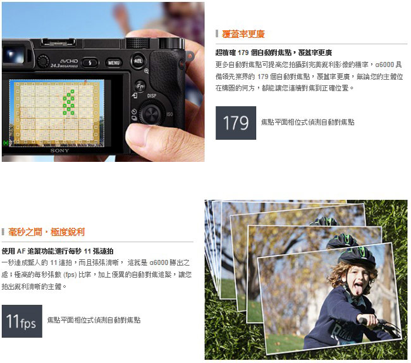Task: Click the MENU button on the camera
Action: point(114,63)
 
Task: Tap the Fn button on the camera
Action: point(140,86)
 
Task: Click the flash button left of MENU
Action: point(90,63)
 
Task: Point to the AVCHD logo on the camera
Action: point(69,61)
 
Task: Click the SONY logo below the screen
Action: point(59,151)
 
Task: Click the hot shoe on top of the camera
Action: point(58,41)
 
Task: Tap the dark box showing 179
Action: point(236,123)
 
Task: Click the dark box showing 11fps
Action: point(22,321)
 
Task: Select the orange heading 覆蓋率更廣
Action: point(243,34)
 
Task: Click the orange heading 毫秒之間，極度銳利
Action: point(46,232)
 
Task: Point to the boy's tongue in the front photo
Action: point(359,290)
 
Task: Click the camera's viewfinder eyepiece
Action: point(15,55)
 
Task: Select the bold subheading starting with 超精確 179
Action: point(274,52)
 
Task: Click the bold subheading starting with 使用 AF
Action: point(58,251)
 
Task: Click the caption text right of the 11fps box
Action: point(94,320)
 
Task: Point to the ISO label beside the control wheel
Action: point(169,114)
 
